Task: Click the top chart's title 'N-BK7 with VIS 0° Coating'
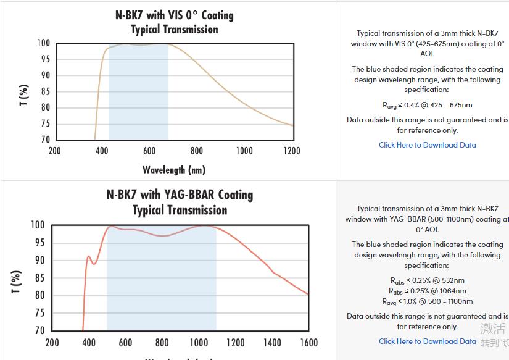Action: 175,14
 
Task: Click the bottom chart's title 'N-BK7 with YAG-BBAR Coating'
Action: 180,195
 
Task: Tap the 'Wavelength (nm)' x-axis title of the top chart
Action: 174,170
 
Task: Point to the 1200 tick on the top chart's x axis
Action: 291,151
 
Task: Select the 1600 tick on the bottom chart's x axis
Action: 308,343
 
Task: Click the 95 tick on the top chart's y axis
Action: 44,59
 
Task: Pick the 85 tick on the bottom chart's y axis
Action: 38,278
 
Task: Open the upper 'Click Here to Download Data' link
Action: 427,145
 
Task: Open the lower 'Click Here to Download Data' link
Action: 427,341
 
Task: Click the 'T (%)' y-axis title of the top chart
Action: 23,95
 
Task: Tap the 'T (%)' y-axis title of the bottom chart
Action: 17,282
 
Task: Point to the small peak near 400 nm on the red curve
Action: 88,256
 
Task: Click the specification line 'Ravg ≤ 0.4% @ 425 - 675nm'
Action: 427,106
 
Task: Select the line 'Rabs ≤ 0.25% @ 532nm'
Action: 427,280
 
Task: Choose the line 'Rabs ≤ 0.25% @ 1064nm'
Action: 427,291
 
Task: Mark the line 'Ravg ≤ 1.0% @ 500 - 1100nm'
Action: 427,301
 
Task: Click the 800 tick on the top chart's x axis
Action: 197,151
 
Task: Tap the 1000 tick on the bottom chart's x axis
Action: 199,343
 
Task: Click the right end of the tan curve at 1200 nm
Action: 292,125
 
